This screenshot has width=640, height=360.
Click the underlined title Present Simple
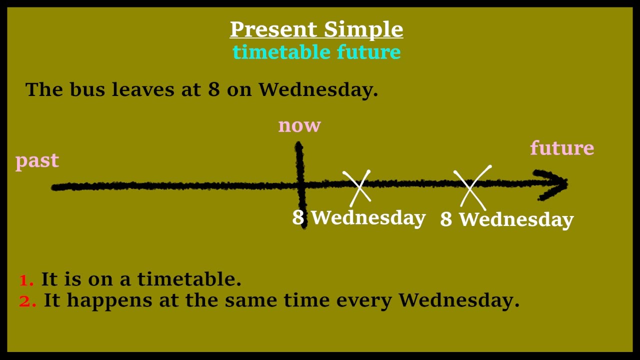316,29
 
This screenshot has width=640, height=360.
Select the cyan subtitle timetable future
316,52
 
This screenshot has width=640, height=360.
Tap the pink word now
299,125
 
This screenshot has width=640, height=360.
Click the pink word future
561,148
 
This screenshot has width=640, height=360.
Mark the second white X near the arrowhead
471,187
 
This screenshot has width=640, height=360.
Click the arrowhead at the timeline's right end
555,184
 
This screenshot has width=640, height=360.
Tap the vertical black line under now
300,165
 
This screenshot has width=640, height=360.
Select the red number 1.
26,280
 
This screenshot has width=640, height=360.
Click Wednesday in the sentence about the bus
317,90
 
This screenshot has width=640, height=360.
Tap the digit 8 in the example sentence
213,90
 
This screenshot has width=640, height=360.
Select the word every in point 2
364,300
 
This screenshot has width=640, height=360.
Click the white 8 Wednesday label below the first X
359,218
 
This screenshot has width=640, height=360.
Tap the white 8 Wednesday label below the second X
506,219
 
